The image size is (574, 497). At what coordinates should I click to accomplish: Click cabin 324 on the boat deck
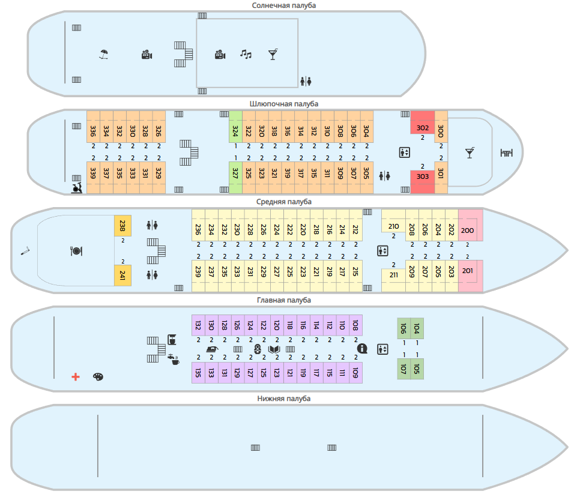235,127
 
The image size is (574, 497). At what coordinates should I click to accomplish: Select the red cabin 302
423,123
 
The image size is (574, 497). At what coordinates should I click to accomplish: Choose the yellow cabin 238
122,226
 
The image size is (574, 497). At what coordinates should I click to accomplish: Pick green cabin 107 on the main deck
403,369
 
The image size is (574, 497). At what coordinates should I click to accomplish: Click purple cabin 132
198,325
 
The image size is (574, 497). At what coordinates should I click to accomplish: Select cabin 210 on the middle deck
393,221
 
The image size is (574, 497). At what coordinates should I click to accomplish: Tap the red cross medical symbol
76,376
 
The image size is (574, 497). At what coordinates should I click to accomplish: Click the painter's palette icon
98,376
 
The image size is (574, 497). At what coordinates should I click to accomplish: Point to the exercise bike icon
76,188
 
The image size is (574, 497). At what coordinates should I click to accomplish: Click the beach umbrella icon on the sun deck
104,55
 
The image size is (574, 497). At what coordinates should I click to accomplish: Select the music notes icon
246,54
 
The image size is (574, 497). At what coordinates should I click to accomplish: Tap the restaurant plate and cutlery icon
76,251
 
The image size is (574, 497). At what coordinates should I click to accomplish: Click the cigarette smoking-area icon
25,251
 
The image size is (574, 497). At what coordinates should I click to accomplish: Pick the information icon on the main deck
362,348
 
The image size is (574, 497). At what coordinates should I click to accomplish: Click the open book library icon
274,349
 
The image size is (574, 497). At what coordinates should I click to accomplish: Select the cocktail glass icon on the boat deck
470,152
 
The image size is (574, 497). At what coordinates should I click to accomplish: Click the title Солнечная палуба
284,5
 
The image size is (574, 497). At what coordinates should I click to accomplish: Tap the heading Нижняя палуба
284,399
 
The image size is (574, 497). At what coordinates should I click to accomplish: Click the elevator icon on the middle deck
382,251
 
